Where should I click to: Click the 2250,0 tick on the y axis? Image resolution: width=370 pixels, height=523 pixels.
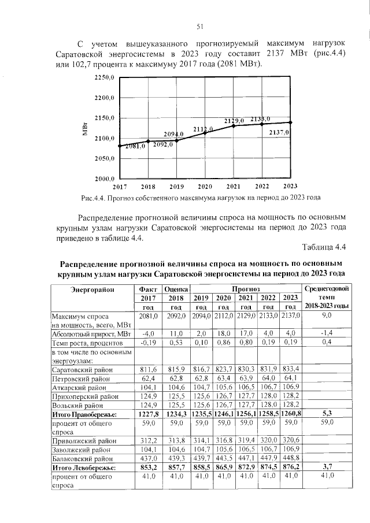pyautogui.click(x=105, y=77)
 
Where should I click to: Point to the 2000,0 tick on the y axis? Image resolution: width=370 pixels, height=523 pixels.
pyautogui.click(x=105, y=179)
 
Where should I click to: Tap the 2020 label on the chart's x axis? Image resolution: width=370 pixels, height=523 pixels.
pyautogui.click(x=205, y=187)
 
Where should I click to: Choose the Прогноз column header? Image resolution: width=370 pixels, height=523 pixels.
pyautogui.click(x=247, y=288)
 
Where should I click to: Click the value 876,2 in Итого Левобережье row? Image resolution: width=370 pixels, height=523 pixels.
pyautogui.click(x=291, y=466)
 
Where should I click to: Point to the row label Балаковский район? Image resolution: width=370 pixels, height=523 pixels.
pyautogui.click(x=80, y=457)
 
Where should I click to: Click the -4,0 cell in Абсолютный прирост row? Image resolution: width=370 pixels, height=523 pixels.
pyautogui.click(x=149, y=333)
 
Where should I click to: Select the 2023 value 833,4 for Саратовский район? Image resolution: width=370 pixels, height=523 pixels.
pyautogui.click(x=291, y=369)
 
